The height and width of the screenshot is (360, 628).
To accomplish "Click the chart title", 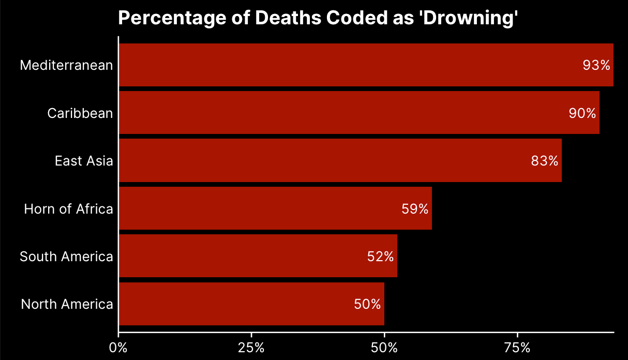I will pos(318,18).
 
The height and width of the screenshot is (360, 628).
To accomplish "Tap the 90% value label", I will pos(582,113).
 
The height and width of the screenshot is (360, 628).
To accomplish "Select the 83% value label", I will pos(545,161).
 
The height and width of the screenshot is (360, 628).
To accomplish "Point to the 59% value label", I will pos(415,209).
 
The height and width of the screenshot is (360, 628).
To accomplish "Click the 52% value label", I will pos(381,257).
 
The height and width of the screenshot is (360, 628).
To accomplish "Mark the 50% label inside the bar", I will pos(368,304).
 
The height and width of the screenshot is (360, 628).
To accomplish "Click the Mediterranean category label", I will pos(66,65).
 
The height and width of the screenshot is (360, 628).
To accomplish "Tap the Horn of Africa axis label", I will pos(68,209).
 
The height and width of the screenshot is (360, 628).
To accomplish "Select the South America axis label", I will pos(66,257).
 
